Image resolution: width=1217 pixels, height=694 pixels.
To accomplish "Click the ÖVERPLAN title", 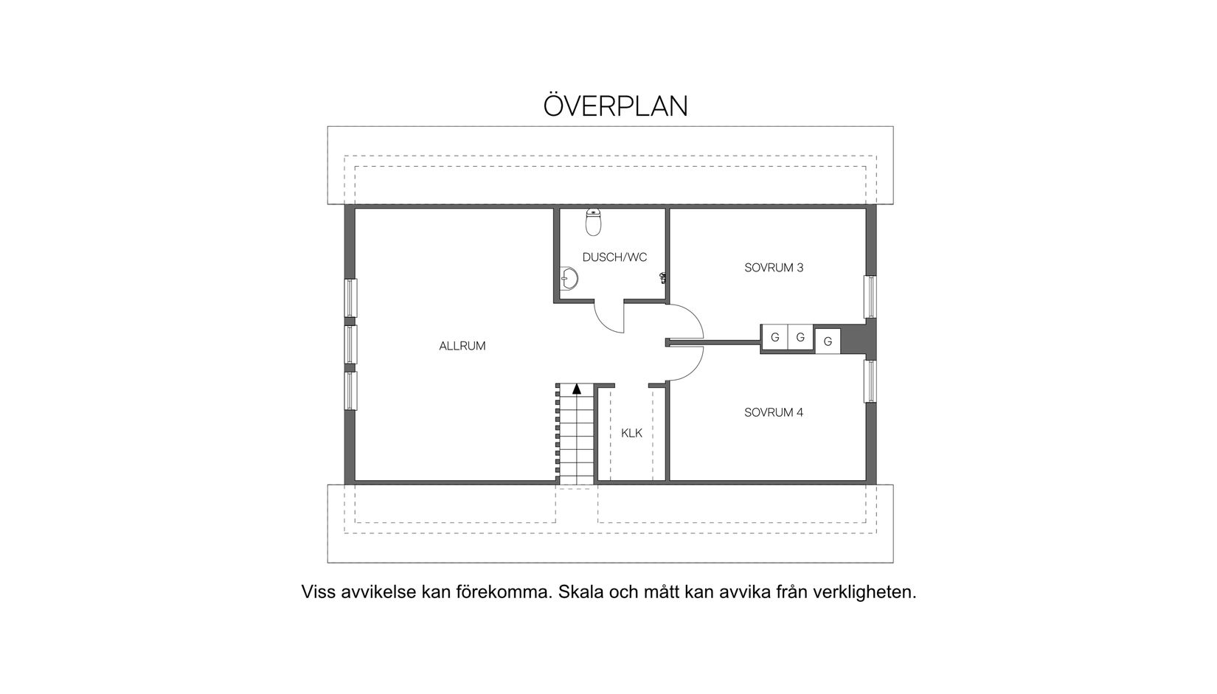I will pyautogui.click(x=615, y=106).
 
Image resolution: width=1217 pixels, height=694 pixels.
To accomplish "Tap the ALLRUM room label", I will pyautogui.click(x=462, y=346).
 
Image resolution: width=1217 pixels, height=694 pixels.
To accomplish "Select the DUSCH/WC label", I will pyautogui.click(x=614, y=257).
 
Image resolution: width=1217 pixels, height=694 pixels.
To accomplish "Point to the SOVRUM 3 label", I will pyautogui.click(x=774, y=268).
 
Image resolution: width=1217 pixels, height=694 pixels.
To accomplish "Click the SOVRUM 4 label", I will pyautogui.click(x=774, y=412).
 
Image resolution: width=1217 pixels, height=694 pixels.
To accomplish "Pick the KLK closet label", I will pyautogui.click(x=631, y=433).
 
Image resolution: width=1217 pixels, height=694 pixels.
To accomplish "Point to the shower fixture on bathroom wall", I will pyautogui.click(x=664, y=277).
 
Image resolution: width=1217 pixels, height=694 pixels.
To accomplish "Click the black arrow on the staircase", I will pyautogui.click(x=576, y=388).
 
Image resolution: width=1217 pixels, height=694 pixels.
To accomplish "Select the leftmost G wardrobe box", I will pyautogui.click(x=774, y=338).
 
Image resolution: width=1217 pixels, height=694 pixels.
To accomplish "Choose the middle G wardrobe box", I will pyautogui.click(x=800, y=338).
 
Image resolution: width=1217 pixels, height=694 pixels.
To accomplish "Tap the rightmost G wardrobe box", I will pyautogui.click(x=828, y=341).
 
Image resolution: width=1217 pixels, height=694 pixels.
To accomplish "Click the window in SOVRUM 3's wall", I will pyautogui.click(x=870, y=297).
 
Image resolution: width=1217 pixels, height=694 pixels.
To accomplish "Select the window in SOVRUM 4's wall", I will pyautogui.click(x=870, y=381).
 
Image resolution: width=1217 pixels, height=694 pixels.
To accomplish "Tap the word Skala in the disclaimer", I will pyautogui.click(x=581, y=592).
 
